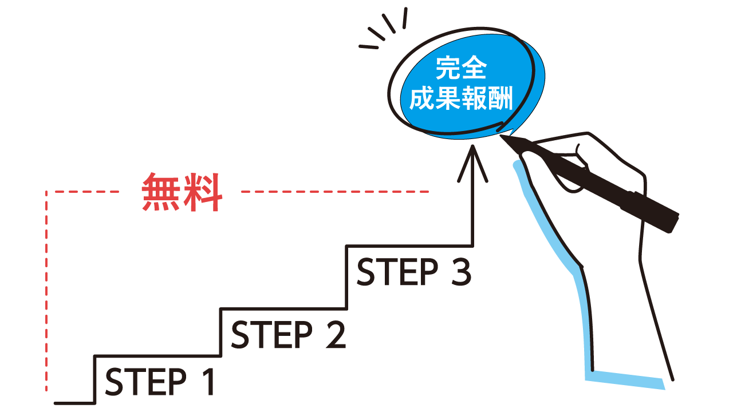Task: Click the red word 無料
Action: click(182, 192)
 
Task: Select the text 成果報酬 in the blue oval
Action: click(461, 98)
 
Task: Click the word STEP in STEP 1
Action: click(146, 382)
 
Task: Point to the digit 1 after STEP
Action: click(208, 382)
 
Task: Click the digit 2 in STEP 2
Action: click(335, 335)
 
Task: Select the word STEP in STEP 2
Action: click(272, 335)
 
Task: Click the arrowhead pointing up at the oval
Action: click(472, 163)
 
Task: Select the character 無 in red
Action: click(161, 192)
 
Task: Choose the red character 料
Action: click(203, 192)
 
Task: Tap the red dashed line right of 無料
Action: click(335, 192)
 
